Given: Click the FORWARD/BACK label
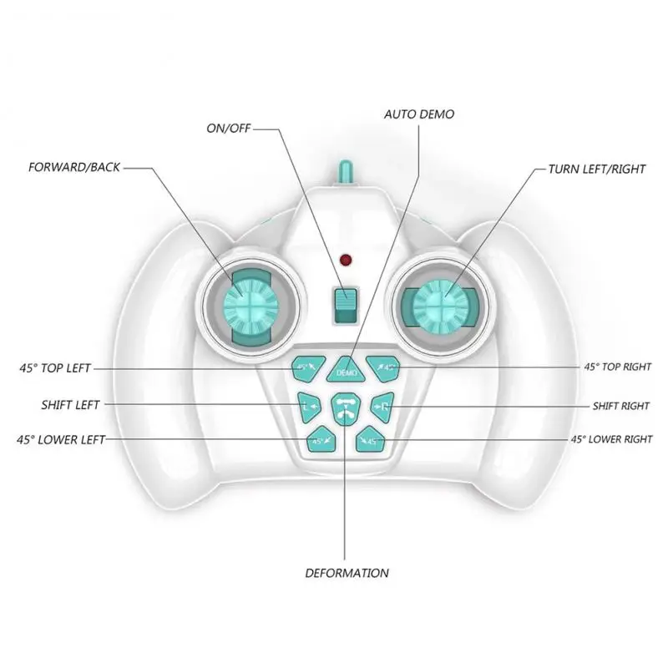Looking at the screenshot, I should click(75, 167).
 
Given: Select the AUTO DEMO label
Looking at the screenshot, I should click(419, 114).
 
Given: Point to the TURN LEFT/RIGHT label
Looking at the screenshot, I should click(596, 169).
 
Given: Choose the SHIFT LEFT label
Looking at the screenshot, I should click(70, 405).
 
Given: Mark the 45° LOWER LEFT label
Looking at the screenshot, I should click(60, 440).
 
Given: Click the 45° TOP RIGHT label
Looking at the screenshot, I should click(617, 367).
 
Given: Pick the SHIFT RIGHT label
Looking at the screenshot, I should click(620, 406).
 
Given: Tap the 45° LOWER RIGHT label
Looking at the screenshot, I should click(610, 438).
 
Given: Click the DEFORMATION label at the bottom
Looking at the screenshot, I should click(347, 573).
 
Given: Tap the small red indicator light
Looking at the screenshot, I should click(343, 260).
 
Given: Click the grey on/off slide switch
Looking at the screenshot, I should click(344, 306).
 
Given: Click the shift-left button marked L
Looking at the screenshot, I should click(306, 407).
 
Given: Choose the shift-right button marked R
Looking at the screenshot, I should click(382, 407).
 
